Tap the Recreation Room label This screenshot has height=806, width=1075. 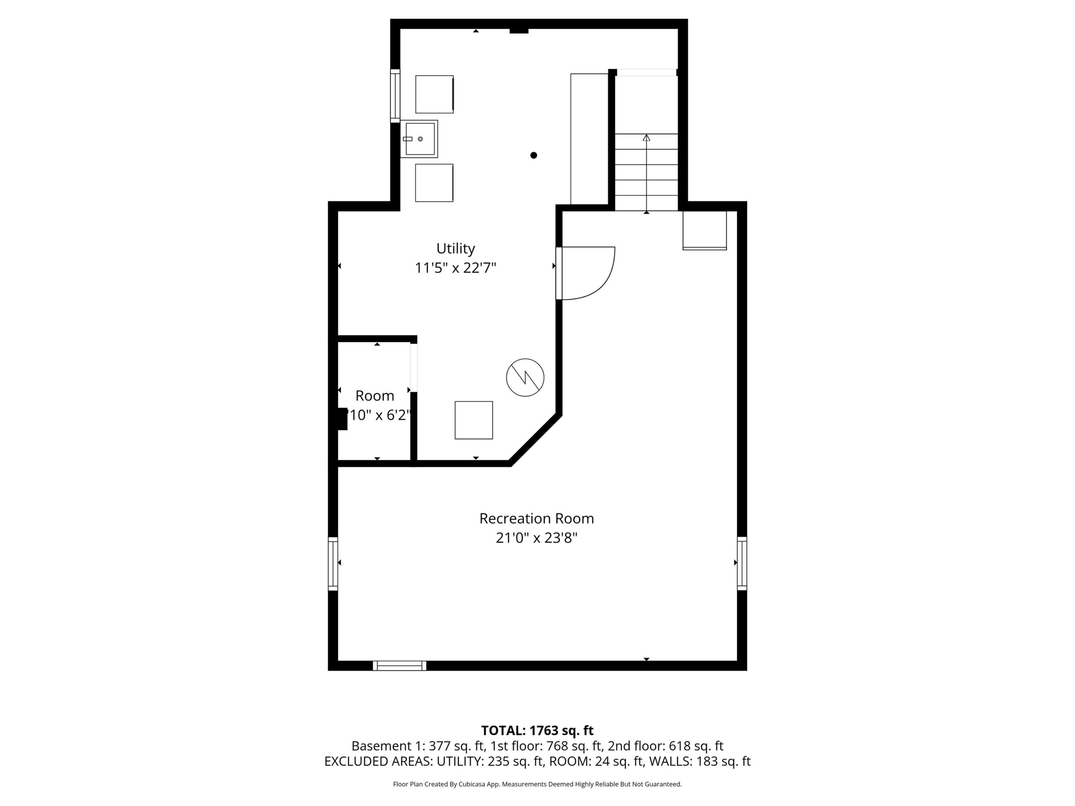click(537, 518)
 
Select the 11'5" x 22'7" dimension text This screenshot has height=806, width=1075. click(455, 268)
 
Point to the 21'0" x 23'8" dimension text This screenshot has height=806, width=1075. click(537, 538)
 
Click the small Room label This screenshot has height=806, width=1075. click(375, 395)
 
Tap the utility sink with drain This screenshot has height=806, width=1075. click(419, 139)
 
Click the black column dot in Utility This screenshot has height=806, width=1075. click(534, 155)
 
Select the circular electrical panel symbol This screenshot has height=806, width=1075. click(525, 377)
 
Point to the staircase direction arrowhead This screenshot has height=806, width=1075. click(646, 138)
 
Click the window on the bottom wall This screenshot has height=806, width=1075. click(399, 666)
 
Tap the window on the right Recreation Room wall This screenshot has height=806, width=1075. click(742, 563)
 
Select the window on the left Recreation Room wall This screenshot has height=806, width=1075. click(333, 563)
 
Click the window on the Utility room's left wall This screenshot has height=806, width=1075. click(395, 96)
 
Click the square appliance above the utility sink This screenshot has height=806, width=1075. click(435, 94)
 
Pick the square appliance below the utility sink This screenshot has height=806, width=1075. click(434, 183)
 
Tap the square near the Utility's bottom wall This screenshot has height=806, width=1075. click(474, 420)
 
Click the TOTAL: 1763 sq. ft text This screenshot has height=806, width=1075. click(537, 730)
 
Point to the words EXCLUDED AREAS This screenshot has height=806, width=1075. click(378, 762)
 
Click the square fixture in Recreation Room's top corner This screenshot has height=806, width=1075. click(705, 230)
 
